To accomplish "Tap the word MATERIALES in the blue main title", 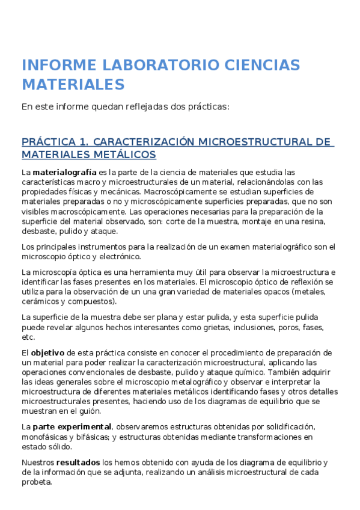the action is [73, 84].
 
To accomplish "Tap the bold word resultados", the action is [78, 462].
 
